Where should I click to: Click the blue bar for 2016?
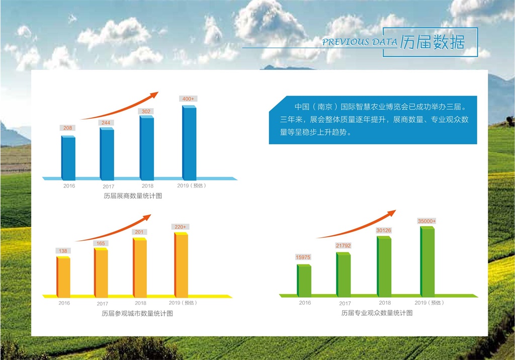[x=68, y=158]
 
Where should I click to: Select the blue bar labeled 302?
[x=147, y=148]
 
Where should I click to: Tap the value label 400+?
[x=188, y=99]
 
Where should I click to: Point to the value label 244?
[x=106, y=123]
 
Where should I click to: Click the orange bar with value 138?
[x=63, y=277]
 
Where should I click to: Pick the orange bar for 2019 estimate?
[x=181, y=265]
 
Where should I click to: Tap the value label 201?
[x=139, y=232]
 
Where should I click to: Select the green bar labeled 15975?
[x=304, y=281]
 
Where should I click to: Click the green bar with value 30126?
[x=384, y=266]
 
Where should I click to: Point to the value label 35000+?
[x=426, y=221]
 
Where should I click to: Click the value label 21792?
[x=343, y=245]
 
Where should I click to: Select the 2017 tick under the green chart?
[x=345, y=304]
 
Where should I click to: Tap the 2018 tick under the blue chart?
[x=147, y=186]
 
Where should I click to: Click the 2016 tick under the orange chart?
[x=64, y=303]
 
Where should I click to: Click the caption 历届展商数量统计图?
[x=133, y=196]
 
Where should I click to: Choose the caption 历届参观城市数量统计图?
[x=137, y=313]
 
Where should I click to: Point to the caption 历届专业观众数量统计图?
[x=377, y=313]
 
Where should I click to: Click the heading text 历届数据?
[x=432, y=42]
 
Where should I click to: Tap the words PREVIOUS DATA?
[x=359, y=42]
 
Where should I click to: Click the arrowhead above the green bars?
[x=391, y=213]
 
